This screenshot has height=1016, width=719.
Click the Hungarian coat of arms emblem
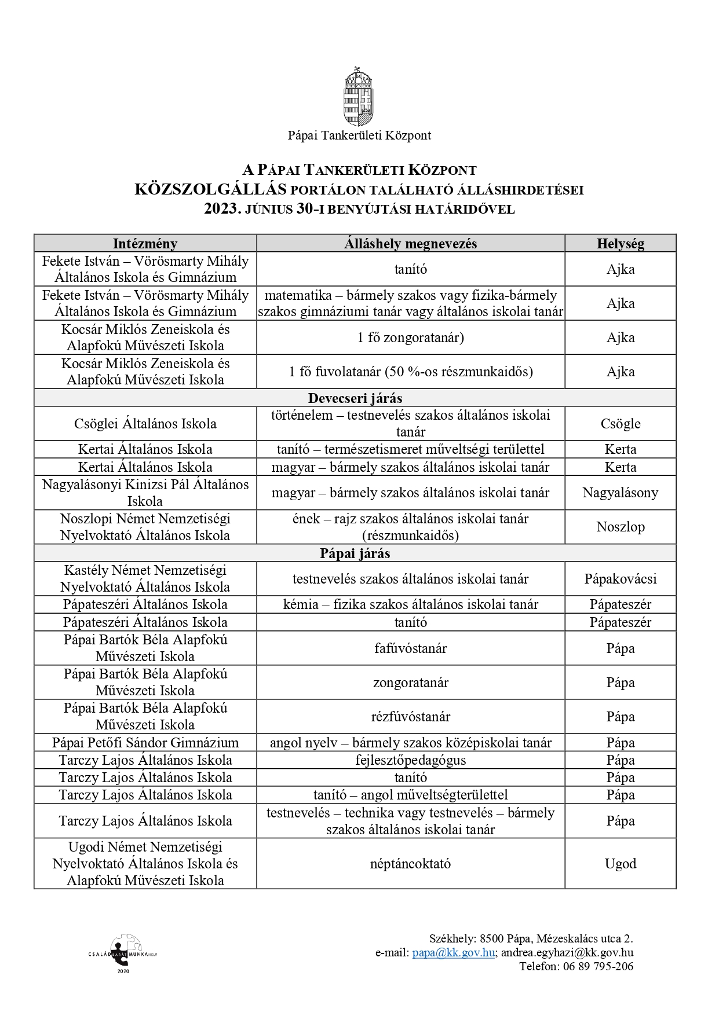(x=359, y=96)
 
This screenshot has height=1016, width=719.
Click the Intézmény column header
(x=145, y=244)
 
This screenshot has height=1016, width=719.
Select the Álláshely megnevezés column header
(x=410, y=244)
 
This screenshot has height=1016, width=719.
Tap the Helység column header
(x=620, y=244)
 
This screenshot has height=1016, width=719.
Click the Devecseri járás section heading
(x=355, y=398)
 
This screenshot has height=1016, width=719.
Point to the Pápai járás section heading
(x=355, y=553)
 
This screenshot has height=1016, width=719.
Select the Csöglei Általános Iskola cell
(x=145, y=424)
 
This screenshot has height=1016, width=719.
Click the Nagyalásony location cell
(x=620, y=493)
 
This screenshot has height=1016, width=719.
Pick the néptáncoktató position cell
(x=410, y=864)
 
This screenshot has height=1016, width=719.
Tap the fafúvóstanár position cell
(x=410, y=648)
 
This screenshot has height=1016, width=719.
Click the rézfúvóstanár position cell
(x=410, y=717)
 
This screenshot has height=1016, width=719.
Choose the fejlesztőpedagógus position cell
(x=410, y=760)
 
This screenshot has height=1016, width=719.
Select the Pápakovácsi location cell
(x=620, y=579)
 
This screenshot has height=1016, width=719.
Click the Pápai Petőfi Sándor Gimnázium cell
(x=145, y=743)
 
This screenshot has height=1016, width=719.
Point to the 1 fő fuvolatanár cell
(x=410, y=372)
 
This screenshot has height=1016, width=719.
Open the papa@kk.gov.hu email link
(x=453, y=952)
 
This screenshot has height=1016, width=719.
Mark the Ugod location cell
(x=620, y=864)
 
